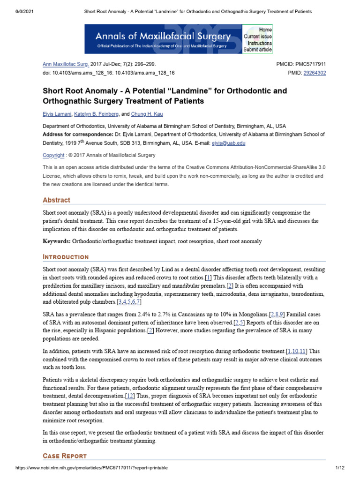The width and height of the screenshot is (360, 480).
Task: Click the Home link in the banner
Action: point(265,30)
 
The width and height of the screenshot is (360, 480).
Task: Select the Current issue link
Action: point(257,36)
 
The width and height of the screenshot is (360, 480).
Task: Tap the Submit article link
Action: point(257,49)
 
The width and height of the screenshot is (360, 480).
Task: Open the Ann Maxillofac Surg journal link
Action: point(62,64)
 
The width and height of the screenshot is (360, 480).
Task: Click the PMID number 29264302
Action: point(315,73)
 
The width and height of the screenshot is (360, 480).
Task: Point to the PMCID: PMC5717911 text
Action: point(301,64)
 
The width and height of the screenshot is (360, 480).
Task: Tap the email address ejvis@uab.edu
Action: point(228,143)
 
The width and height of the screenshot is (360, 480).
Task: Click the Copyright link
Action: point(53,155)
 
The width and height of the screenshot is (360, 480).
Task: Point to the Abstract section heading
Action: point(56,200)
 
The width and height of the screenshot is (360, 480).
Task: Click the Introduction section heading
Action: point(66,257)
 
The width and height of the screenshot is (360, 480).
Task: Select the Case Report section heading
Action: point(65,456)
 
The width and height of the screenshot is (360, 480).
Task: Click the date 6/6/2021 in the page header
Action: point(19,11)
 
